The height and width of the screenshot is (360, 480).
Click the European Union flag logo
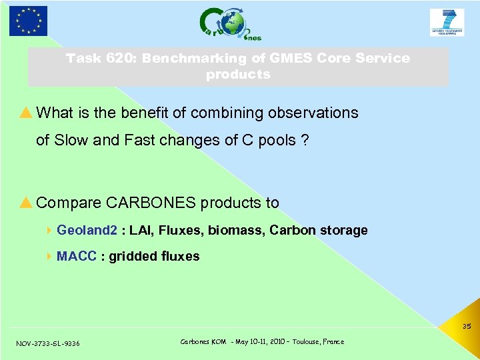(28, 21)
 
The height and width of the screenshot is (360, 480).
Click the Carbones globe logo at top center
(230, 23)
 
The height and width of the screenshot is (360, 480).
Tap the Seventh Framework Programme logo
(447, 22)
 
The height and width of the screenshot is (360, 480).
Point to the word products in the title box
(238, 75)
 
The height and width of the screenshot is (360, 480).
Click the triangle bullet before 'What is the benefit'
(27, 113)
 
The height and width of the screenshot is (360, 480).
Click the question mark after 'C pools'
(305, 141)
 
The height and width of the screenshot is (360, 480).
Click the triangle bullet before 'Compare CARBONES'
(27, 203)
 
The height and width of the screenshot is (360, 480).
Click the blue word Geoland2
(87, 231)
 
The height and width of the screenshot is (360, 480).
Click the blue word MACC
(77, 257)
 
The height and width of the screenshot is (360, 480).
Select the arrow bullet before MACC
(51, 257)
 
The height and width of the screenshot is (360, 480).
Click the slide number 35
(466, 327)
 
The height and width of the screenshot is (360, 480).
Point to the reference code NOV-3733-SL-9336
(47, 343)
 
